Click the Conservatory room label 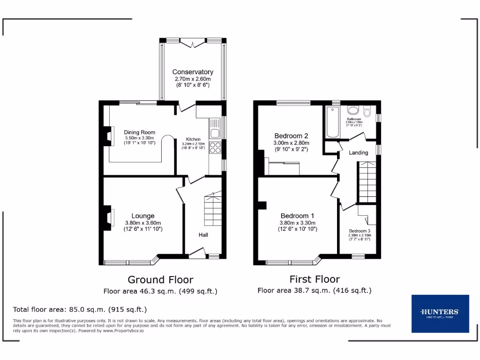coord(193,72)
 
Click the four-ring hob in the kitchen coord(215,148)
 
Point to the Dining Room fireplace coord(108,136)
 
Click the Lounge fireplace coord(108,218)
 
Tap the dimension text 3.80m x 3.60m coord(143,223)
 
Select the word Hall coord(203,235)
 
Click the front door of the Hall coord(197,254)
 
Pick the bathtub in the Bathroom coord(332,122)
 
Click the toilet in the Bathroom coord(367,112)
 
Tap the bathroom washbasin coord(352,110)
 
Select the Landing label coord(359,152)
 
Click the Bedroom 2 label coord(291,135)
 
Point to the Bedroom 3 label coord(360,231)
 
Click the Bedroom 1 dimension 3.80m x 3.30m coord(298,223)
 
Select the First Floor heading coord(315,279)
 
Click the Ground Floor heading coord(160,280)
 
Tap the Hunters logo coord(440,313)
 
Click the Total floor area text coord(80,309)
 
